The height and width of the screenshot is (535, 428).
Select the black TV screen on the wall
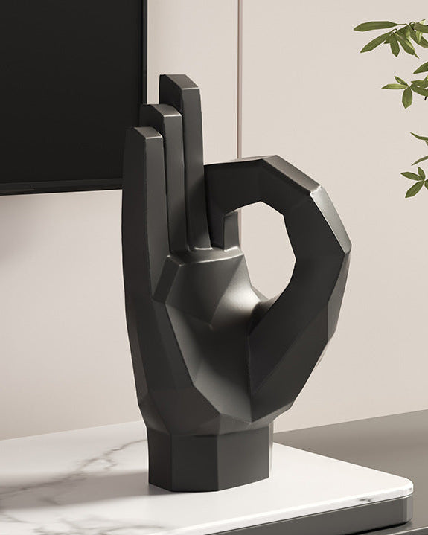tap(67, 89)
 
